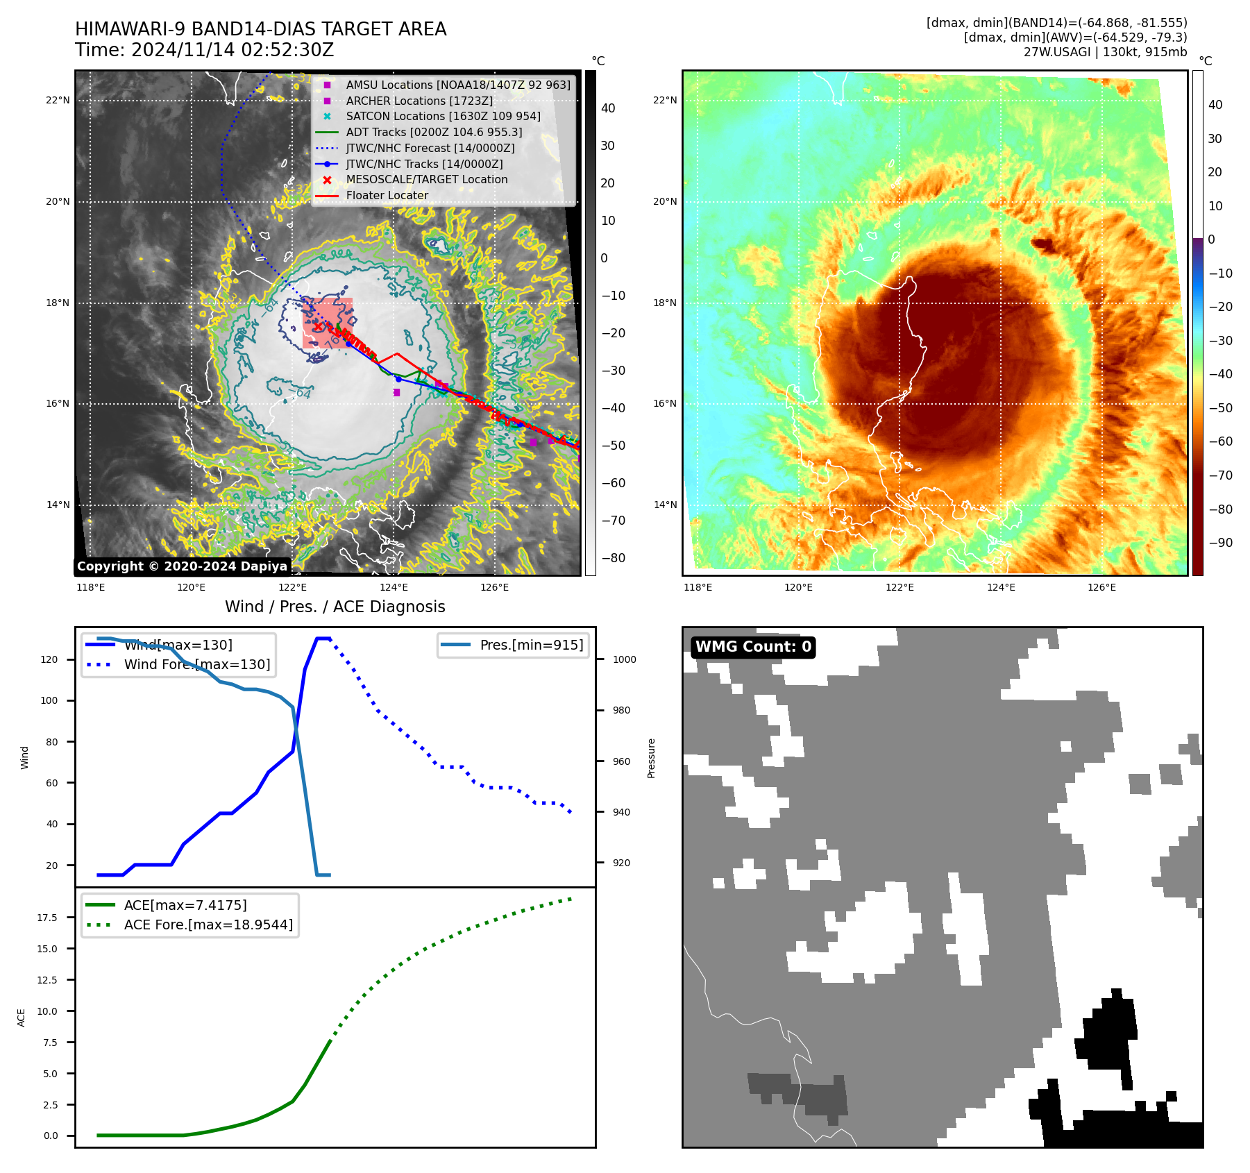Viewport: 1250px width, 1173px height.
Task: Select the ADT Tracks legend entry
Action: (x=434, y=132)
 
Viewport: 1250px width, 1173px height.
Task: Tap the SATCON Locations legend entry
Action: (x=443, y=116)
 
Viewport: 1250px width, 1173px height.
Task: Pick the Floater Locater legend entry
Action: (x=387, y=195)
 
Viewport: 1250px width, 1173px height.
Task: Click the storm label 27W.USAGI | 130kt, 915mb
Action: (x=1105, y=52)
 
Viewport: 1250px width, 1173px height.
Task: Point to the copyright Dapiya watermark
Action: (x=182, y=566)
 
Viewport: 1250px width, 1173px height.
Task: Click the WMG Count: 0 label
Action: (x=753, y=647)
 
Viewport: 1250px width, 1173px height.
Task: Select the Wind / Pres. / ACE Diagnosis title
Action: (x=335, y=607)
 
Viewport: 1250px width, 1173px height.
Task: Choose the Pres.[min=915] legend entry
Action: (x=531, y=645)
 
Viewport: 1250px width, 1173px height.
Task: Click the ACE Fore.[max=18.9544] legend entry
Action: (x=208, y=925)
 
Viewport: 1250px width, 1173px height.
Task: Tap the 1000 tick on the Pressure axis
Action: (x=624, y=659)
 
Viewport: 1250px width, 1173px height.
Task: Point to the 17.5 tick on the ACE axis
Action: (x=47, y=918)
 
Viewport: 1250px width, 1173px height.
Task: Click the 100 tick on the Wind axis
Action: (x=49, y=700)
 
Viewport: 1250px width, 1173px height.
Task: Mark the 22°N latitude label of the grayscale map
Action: (x=58, y=101)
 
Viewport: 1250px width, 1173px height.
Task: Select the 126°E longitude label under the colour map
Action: (x=1101, y=588)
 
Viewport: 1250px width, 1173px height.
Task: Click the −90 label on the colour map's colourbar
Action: (x=1220, y=543)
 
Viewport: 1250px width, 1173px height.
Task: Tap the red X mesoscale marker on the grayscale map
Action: (x=318, y=326)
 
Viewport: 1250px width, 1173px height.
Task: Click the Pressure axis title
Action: (x=651, y=758)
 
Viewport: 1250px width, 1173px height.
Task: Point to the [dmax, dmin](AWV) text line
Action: (x=1075, y=37)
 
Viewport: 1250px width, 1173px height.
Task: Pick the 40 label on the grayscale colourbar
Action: (x=608, y=108)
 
